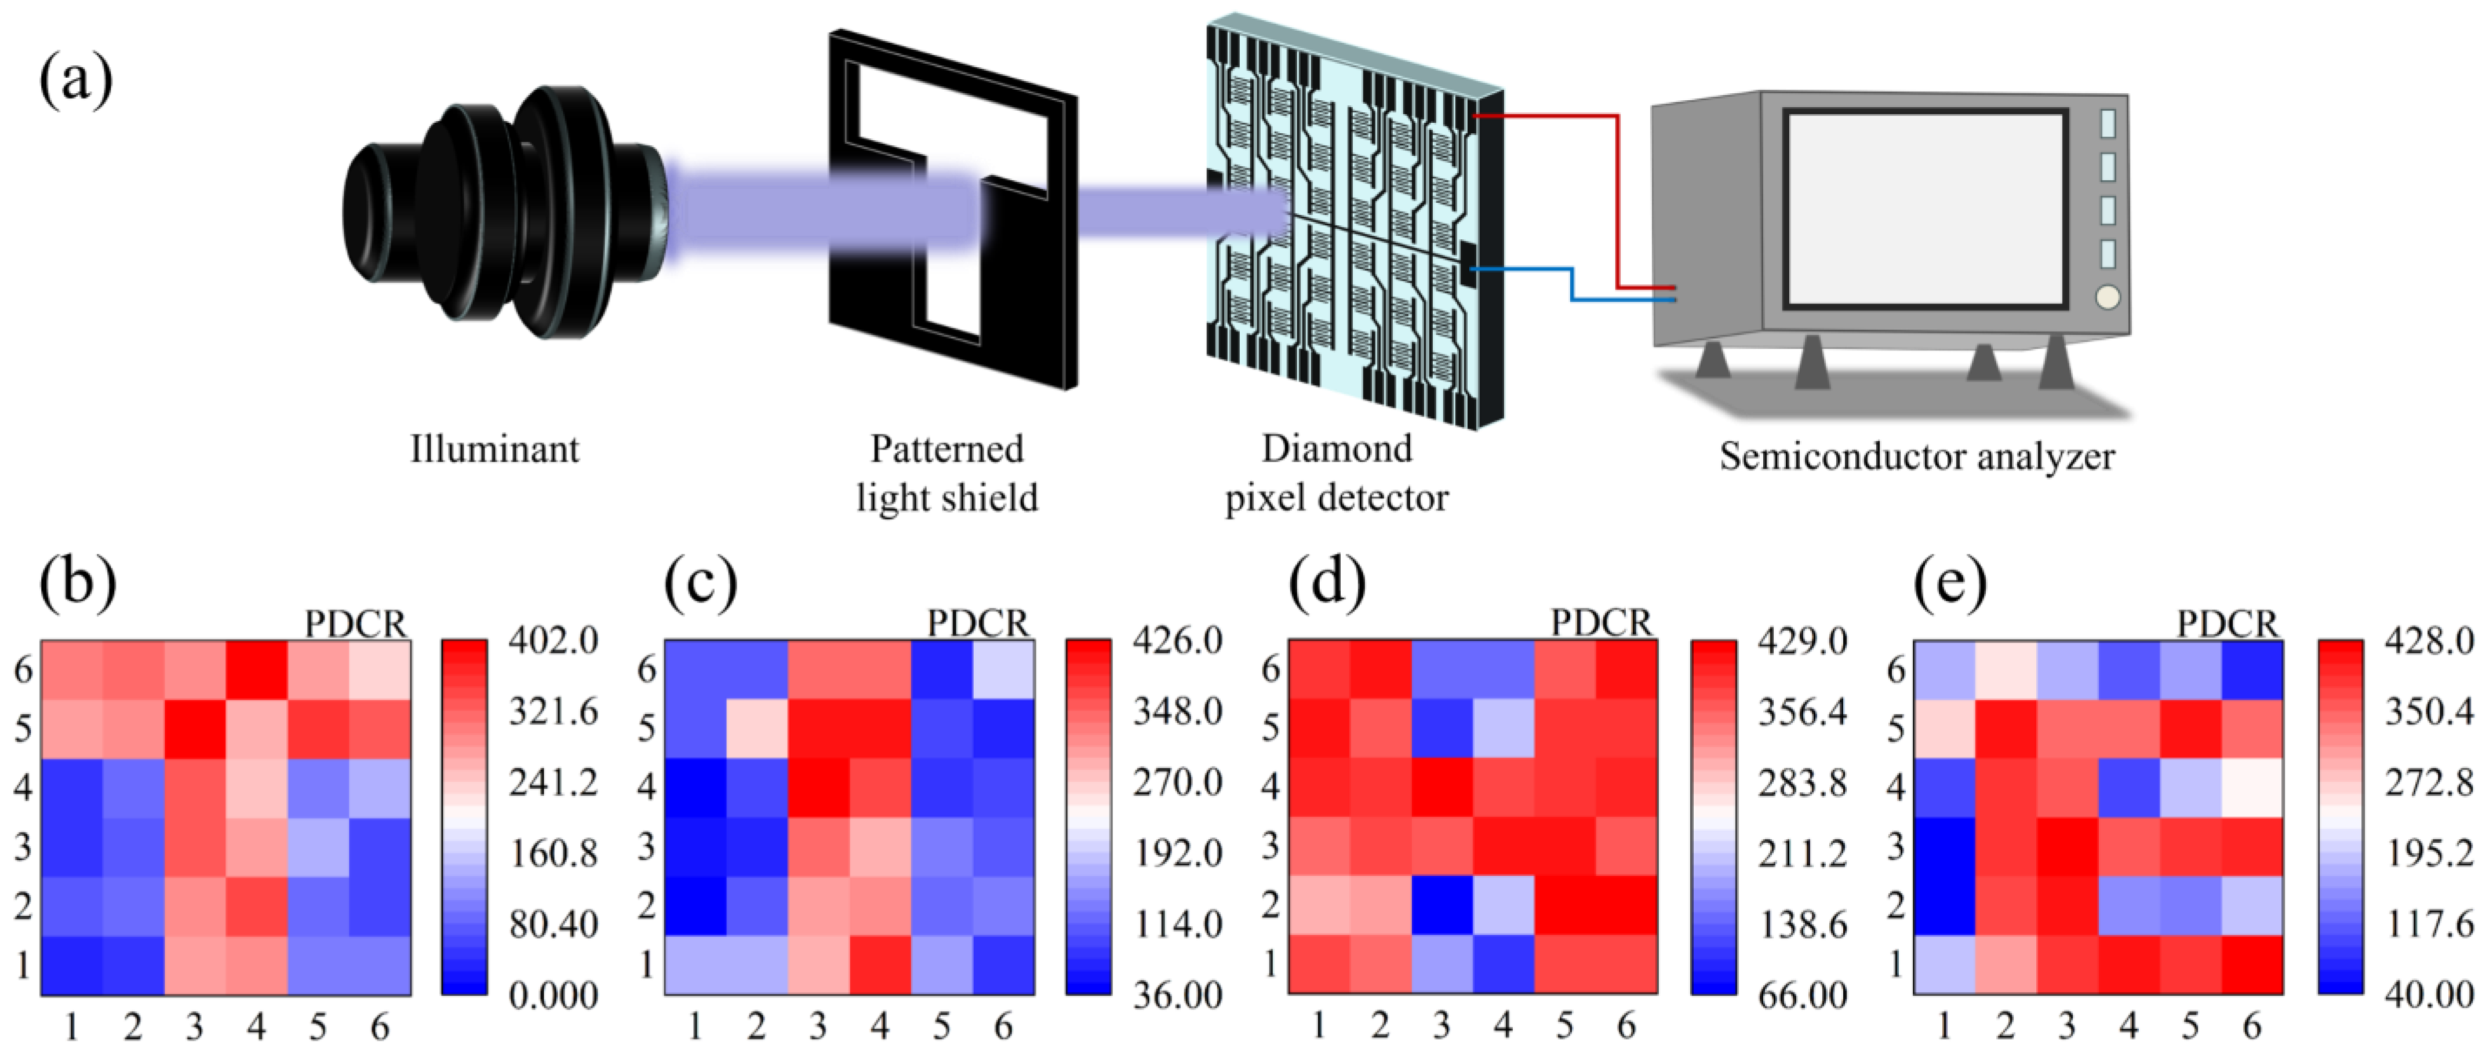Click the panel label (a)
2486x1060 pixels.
(75, 79)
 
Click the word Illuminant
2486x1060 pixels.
(494, 449)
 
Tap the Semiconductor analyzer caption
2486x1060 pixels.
(1917, 456)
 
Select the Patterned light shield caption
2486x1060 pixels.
(947, 474)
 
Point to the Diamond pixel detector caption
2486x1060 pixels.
(1337, 474)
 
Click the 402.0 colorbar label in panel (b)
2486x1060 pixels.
(553, 641)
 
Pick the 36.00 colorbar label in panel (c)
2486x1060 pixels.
(1177, 995)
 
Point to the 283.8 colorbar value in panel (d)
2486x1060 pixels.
(1802, 782)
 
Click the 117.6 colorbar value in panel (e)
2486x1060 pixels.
(2428, 924)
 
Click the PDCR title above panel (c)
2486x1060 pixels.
(978, 624)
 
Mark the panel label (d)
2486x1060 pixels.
(1327, 583)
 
